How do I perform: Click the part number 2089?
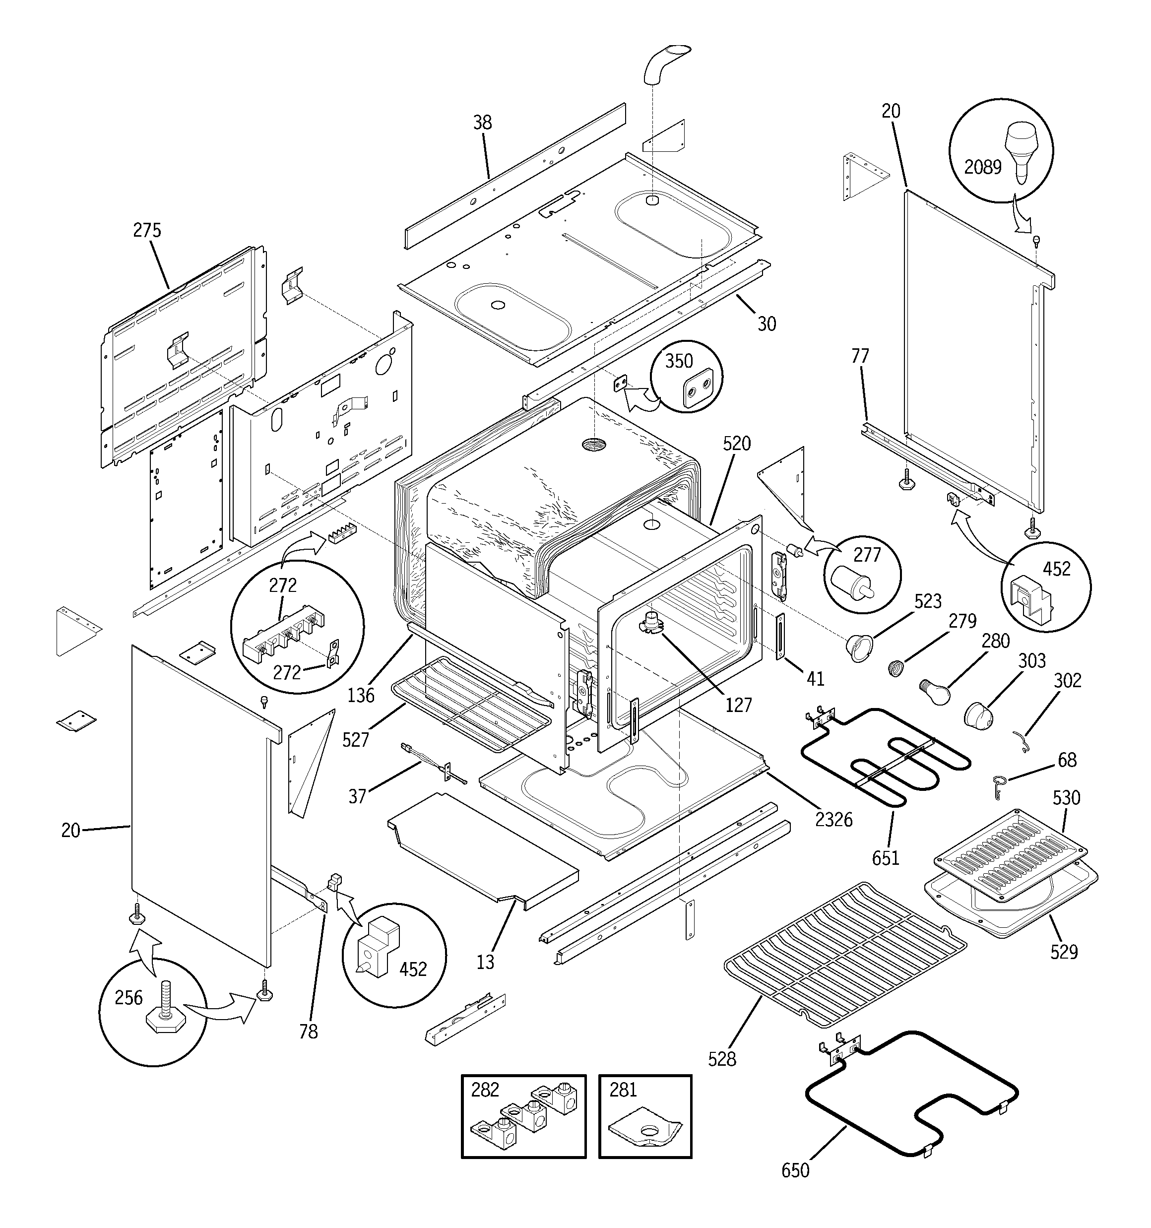click(982, 167)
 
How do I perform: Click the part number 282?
click(485, 1090)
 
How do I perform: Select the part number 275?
click(147, 230)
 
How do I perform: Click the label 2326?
click(833, 820)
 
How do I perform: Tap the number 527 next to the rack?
click(355, 739)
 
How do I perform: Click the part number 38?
click(483, 123)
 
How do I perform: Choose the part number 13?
click(485, 962)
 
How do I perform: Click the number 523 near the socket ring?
click(927, 601)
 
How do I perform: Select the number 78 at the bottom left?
click(308, 1031)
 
